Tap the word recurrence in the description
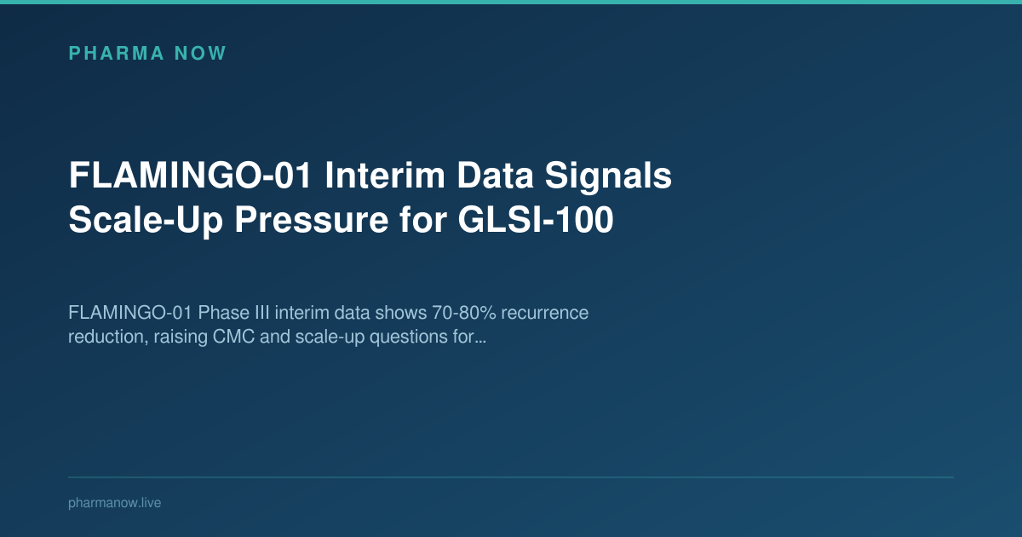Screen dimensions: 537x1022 [x=545, y=313]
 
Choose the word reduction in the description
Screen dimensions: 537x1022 [x=103, y=337]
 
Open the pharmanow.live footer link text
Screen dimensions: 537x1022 [x=114, y=503]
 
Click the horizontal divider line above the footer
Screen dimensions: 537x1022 [x=511, y=477]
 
